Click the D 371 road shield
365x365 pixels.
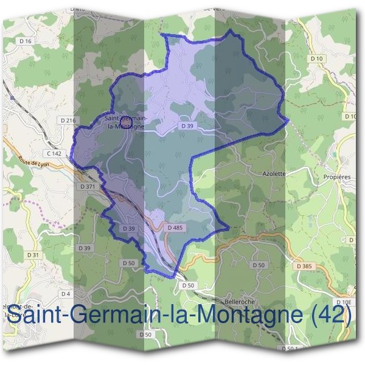coord(88,186)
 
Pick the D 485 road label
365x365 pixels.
coord(175,228)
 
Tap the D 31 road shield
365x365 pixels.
coord(33,254)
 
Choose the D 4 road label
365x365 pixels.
coord(66,294)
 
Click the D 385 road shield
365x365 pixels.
coord(305,266)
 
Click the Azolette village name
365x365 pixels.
coord(274,173)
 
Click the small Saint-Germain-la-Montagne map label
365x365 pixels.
coord(125,122)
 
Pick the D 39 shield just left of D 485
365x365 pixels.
coord(128,228)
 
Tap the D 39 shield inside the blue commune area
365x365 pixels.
coord(187,125)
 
